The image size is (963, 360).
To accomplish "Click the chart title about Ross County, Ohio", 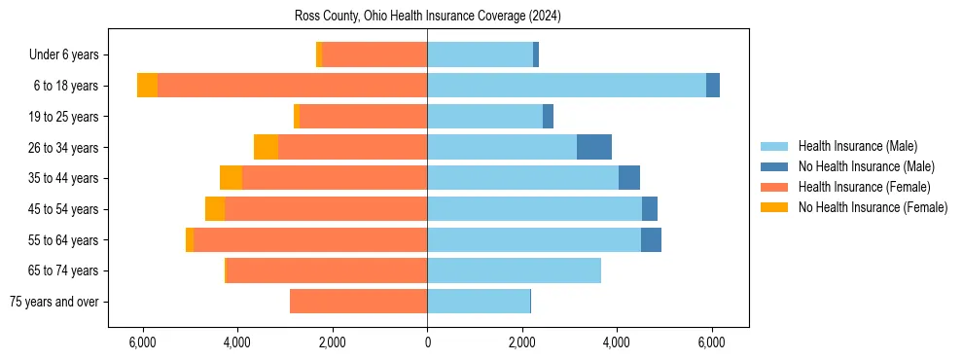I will [x=427, y=17].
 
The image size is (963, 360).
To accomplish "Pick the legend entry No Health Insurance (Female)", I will [x=872, y=207].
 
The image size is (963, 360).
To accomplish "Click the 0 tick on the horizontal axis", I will [x=427, y=342].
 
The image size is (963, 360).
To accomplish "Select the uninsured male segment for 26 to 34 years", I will [x=594, y=147].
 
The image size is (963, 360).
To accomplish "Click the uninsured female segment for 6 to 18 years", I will [x=147, y=86].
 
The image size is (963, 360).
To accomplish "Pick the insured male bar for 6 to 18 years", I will [x=566, y=86].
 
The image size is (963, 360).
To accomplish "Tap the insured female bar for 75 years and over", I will [x=358, y=302].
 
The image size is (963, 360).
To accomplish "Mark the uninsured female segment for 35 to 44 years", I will [x=231, y=178].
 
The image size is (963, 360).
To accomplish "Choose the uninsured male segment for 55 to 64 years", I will [x=651, y=239].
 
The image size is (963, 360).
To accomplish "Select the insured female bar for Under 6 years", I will [x=374, y=55].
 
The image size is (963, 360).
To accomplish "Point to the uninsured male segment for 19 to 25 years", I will [x=548, y=117].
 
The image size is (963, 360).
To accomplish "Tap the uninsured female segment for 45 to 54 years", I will [x=215, y=209].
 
